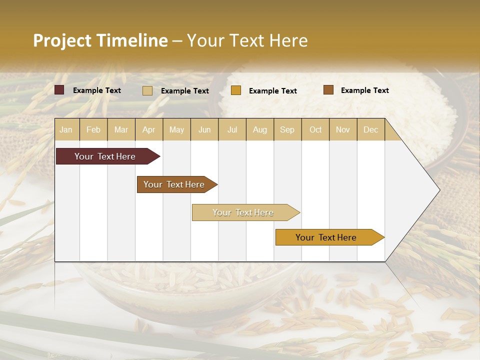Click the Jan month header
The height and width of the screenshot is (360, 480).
(x=66, y=129)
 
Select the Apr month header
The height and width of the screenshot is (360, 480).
(x=148, y=129)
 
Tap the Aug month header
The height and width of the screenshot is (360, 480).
(x=259, y=129)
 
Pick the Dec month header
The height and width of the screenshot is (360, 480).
(x=370, y=129)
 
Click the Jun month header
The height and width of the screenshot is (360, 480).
(x=204, y=129)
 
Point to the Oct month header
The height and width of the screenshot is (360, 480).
(x=315, y=129)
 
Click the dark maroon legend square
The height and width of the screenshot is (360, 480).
(x=59, y=90)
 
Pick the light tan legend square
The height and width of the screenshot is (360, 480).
(x=147, y=90)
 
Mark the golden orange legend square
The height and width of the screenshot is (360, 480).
(x=235, y=90)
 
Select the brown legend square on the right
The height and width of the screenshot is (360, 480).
(x=328, y=90)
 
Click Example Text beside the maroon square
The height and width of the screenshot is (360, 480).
(x=97, y=90)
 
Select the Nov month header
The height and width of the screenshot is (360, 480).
(x=342, y=129)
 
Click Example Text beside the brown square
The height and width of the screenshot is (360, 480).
(x=365, y=90)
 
